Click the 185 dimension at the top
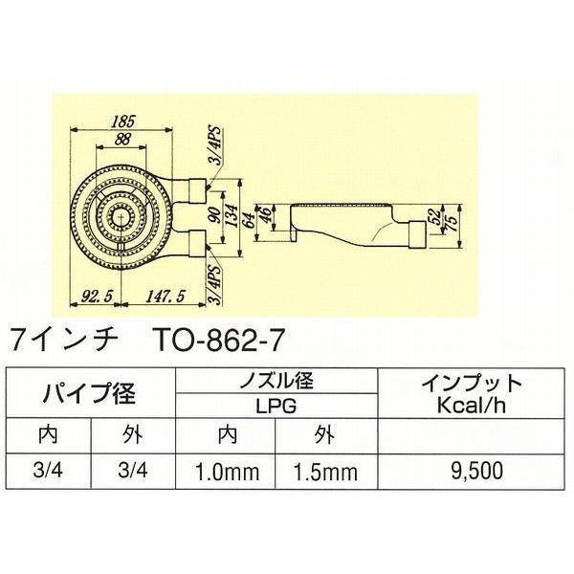click(x=121, y=121)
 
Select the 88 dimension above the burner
click(x=121, y=139)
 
